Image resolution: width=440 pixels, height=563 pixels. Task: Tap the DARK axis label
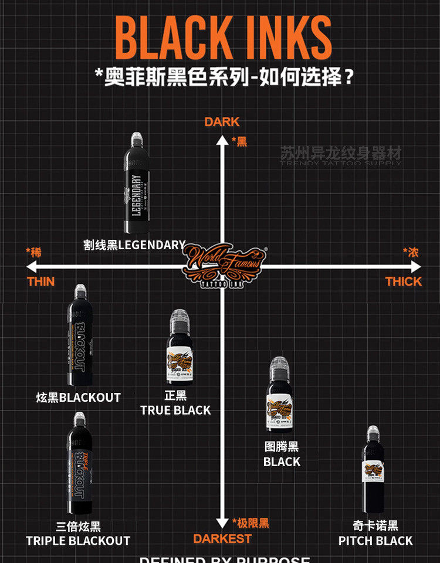pyautogui.click(x=222, y=122)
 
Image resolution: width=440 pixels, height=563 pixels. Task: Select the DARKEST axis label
pyautogui.click(x=222, y=538)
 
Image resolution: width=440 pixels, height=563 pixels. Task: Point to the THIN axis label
pyautogui.click(x=40, y=281)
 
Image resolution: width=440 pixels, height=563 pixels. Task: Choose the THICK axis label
pyautogui.click(x=404, y=281)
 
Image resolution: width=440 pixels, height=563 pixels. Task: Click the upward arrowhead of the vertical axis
pyautogui.click(x=222, y=140)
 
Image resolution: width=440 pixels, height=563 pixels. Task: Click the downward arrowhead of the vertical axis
pyautogui.click(x=222, y=523)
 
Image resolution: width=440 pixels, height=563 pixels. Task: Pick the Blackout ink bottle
pyautogui.click(x=80, y=335)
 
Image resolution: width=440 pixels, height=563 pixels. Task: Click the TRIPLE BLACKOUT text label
pyautogui.click(x=78, y=540)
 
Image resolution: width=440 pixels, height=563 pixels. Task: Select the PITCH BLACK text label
pyautogui.click(x=375, y=540)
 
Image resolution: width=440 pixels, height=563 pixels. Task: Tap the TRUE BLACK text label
pyautogui.click(x=175, y=410)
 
